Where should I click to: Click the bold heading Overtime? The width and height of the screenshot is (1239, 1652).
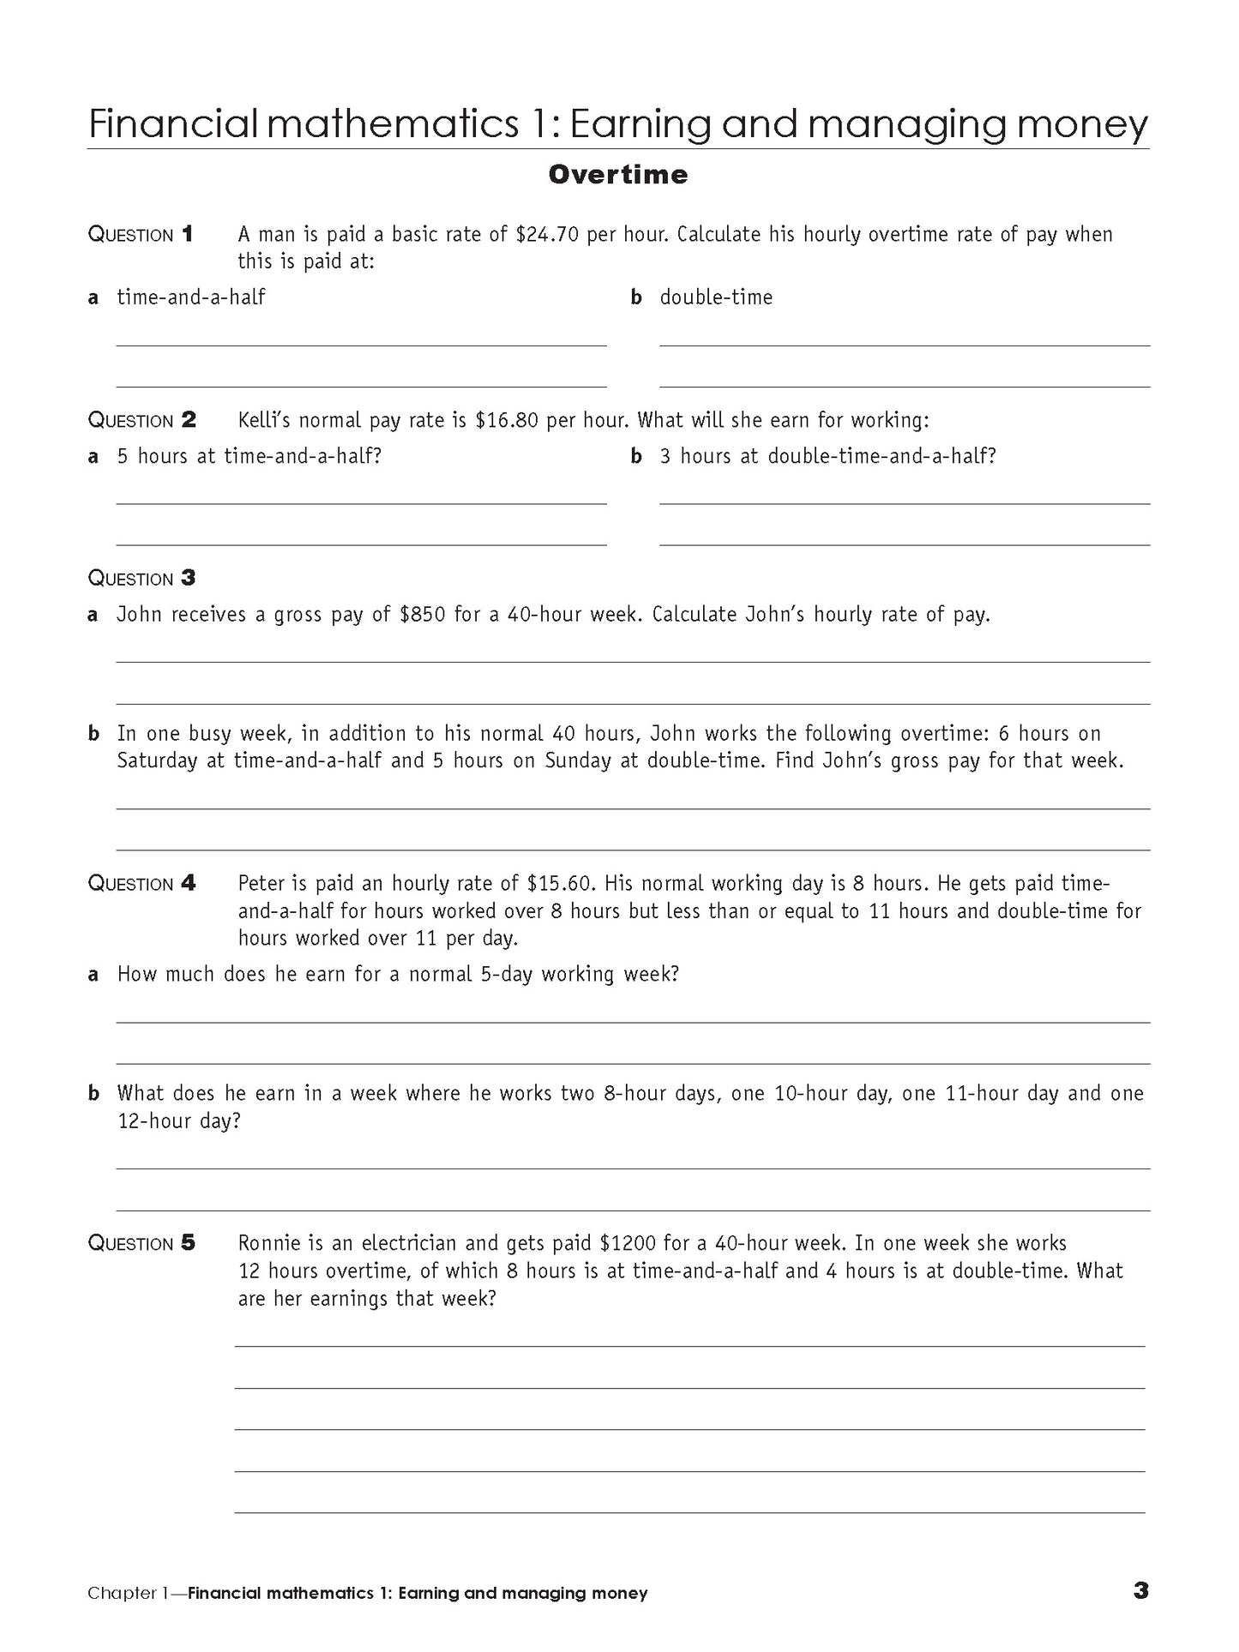(617, 175)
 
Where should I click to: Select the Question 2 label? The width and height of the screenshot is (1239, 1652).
(142, 420)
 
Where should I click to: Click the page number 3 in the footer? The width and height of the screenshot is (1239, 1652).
(1140, 1590)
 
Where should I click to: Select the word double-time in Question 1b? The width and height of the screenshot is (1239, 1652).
(716, 297)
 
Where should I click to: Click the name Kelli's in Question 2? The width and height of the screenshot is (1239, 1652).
(265, 420)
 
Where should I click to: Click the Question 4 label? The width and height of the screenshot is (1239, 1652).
(142, 884)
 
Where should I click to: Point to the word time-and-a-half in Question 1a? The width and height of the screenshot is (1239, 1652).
(191, 297)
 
